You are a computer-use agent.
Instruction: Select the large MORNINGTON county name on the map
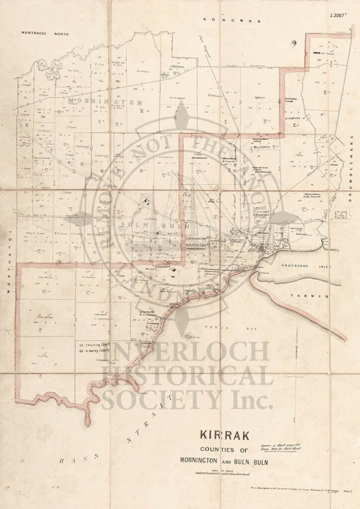pyautogui.click(x=105, y=102)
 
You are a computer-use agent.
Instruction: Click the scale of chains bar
pyautogui.click(x=215, y=474)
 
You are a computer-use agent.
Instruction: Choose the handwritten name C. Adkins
pyautogui.click(x=293, y=118)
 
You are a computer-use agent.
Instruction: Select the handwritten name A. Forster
pyautogui.click(x=163, y=267)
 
